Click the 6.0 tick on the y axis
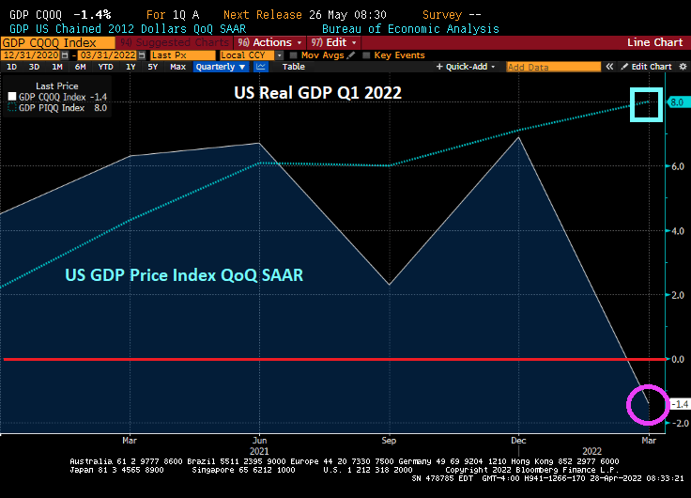pos(678,166)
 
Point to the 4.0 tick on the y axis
pos(678,231)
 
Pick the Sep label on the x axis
pos(387,439)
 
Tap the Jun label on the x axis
pos(259,439)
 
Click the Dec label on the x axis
pos(517,439)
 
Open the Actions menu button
pos(271,42)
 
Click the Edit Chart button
pos(651,67)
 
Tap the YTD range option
pos(104,67)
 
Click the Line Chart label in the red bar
pos(654,42)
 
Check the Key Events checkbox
pos(368,54)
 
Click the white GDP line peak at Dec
pos(518,137)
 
